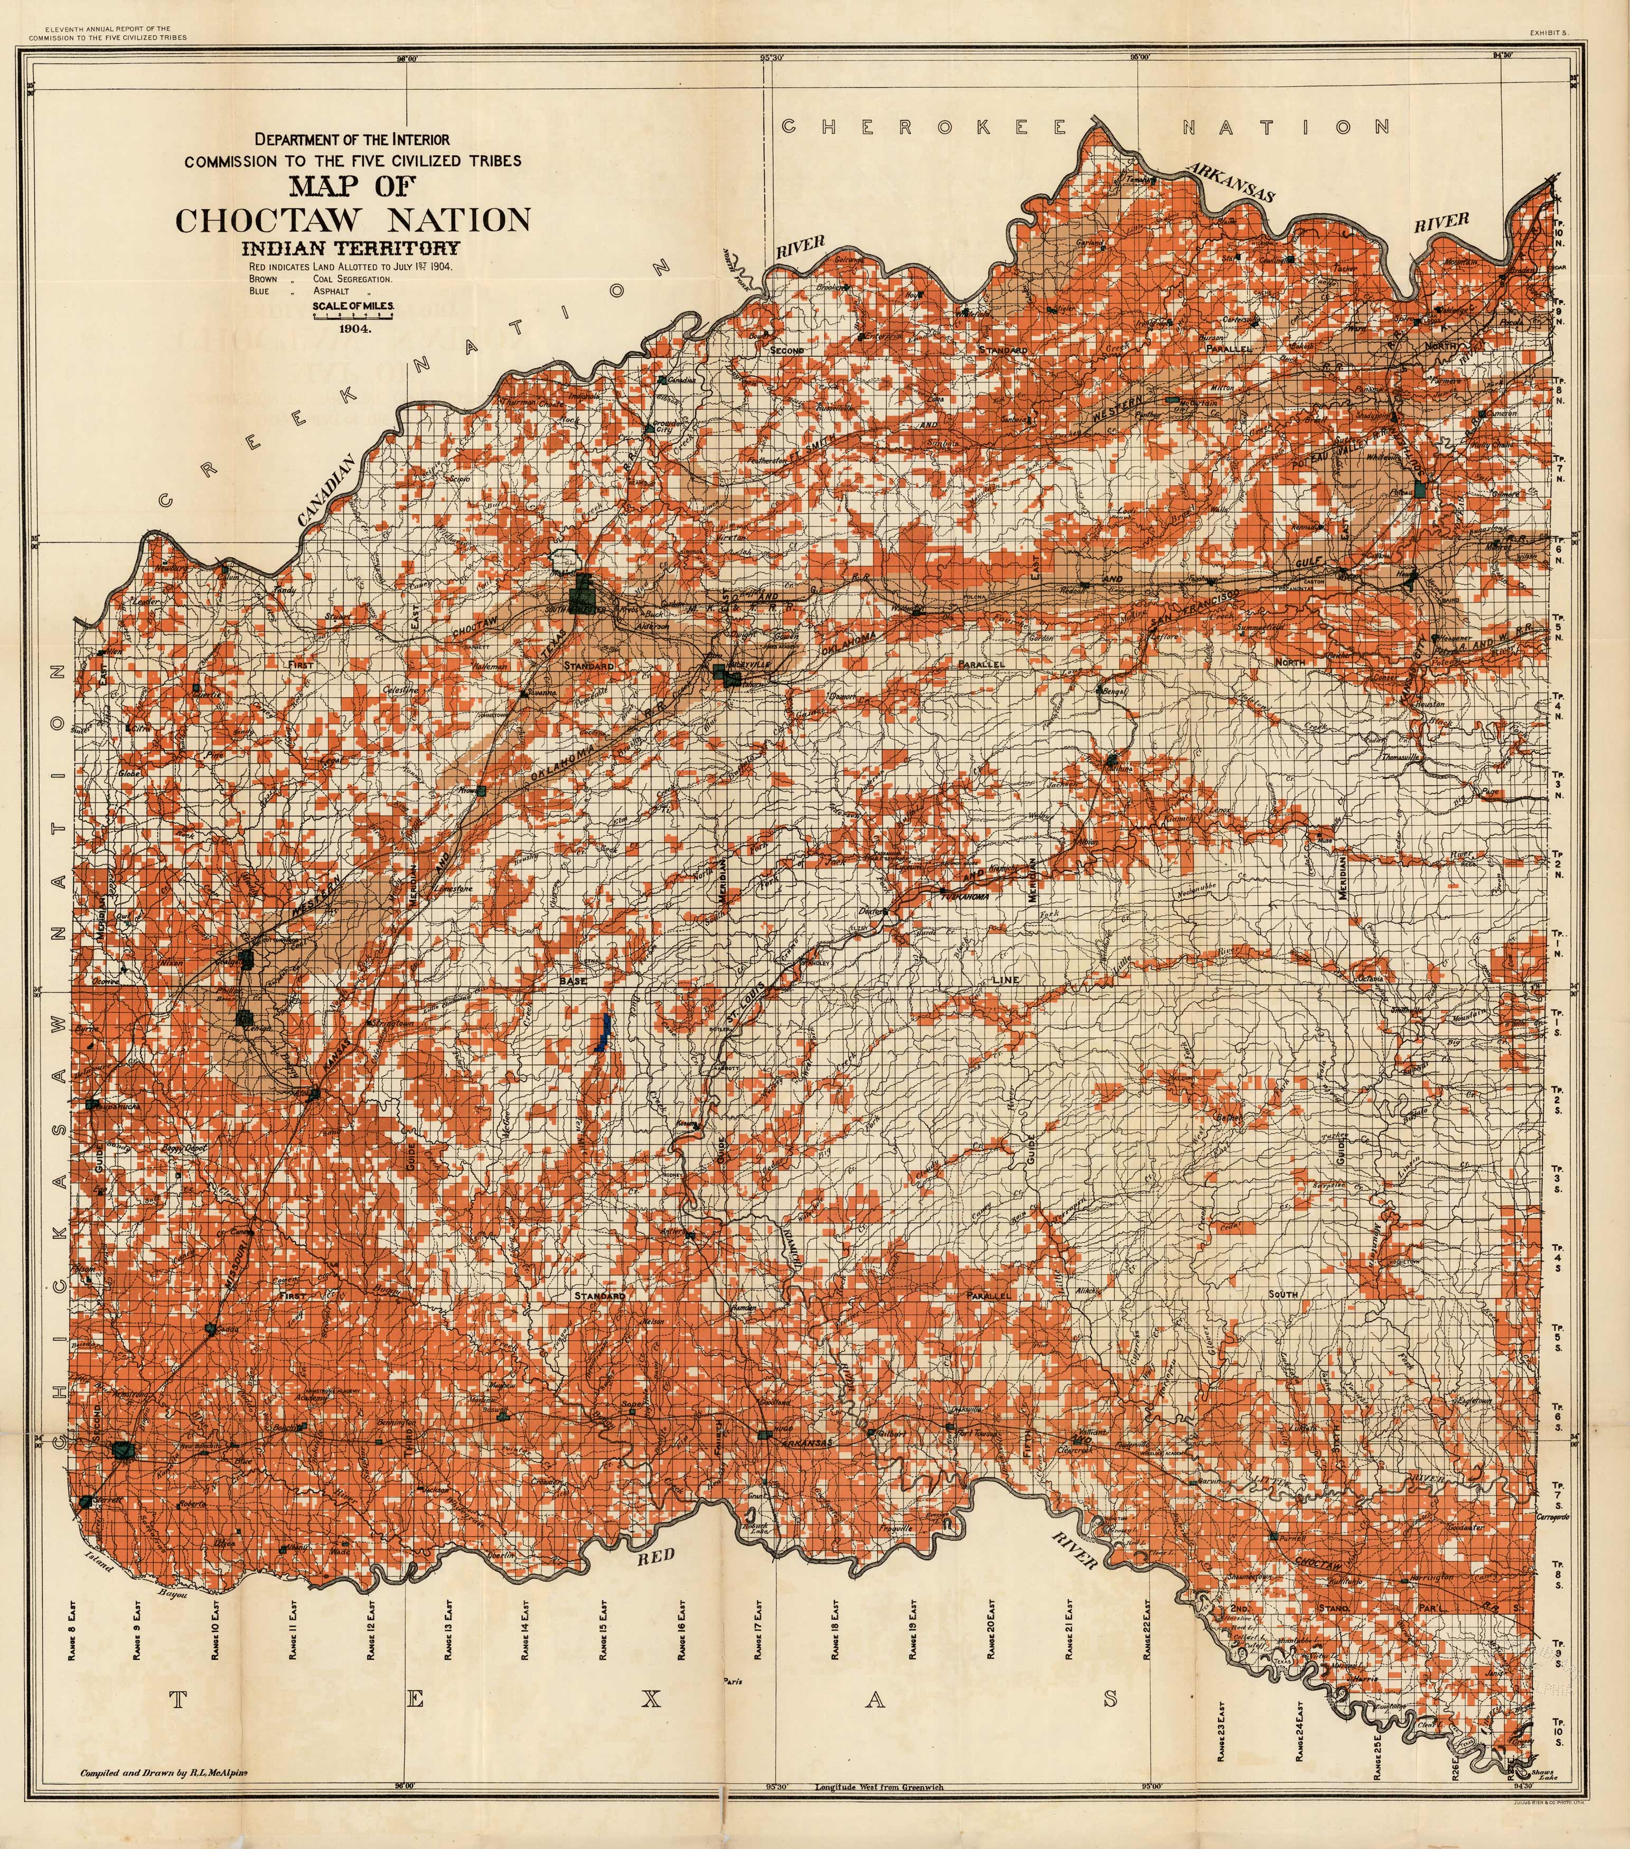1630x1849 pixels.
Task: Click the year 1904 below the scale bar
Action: click(354, 329)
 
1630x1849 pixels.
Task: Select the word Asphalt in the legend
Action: click(331, 291)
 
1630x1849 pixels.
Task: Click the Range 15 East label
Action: click(603, 1628)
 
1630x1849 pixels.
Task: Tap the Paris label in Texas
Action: click(733, 1682)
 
